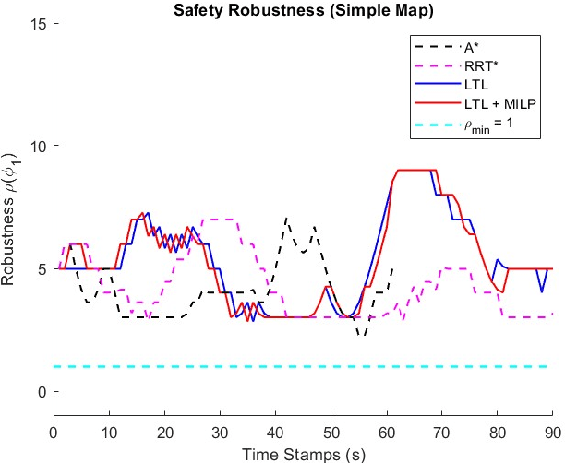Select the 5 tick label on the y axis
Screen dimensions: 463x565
point(41,268)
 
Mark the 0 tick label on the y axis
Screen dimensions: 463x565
point(41,391)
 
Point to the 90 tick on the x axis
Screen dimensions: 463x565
point(552,431)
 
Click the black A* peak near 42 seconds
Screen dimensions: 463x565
point(286,220)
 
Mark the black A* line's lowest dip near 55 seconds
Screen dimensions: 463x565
point(362,335)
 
